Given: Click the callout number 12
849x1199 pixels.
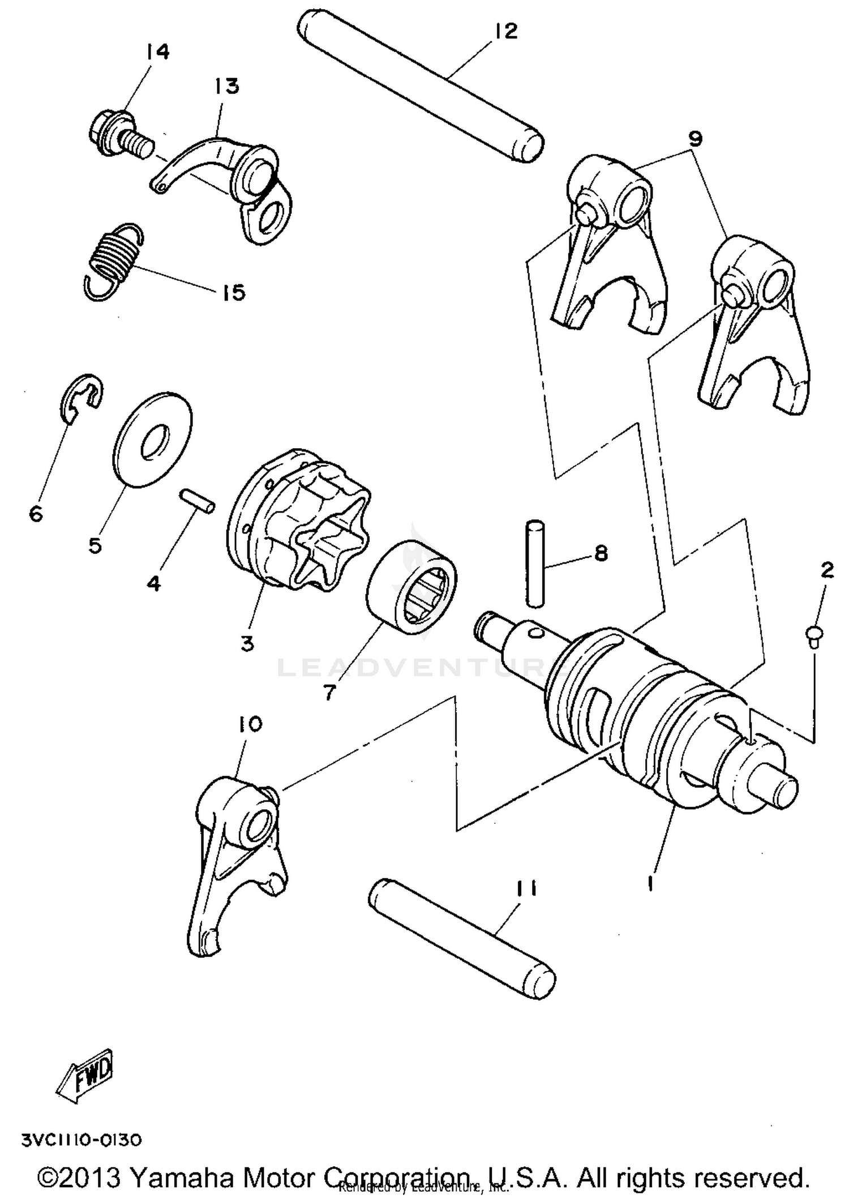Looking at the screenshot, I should pos(505,32).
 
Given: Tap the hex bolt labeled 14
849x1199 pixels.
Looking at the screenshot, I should pos(116,134).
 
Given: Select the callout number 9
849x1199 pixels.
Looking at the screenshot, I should pos(694,139).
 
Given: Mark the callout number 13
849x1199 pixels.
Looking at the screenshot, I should pos(226,87).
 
